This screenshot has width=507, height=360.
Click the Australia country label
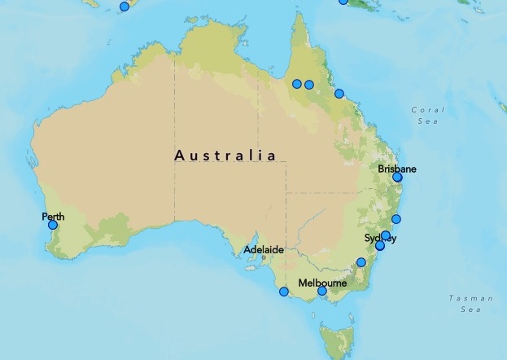pos(225,155)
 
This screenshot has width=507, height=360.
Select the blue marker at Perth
pos(53,225)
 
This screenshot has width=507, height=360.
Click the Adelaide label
pos(266,250)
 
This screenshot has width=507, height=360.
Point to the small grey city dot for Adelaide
pos(264,258)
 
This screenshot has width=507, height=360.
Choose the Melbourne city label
pos(322,283)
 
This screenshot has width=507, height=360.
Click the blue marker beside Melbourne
pos(322,291)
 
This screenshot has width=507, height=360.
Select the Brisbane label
pos(397,169)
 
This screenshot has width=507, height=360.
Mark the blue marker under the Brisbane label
pos(397,177)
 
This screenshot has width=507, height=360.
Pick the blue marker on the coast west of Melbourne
pos(284,292)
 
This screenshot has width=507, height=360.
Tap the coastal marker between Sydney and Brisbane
pos(396,219)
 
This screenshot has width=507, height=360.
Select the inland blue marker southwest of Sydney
pos(361,262)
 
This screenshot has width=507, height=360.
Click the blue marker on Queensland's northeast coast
pos(339,94)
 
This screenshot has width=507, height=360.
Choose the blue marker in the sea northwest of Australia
pos(125,7)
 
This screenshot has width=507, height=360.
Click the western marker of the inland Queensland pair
pos(297,84)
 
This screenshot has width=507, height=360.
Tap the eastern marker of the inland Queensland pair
pos(309,84)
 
